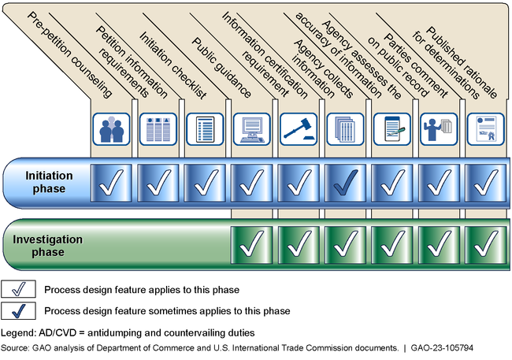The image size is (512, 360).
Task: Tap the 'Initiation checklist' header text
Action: pos(173,59)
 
